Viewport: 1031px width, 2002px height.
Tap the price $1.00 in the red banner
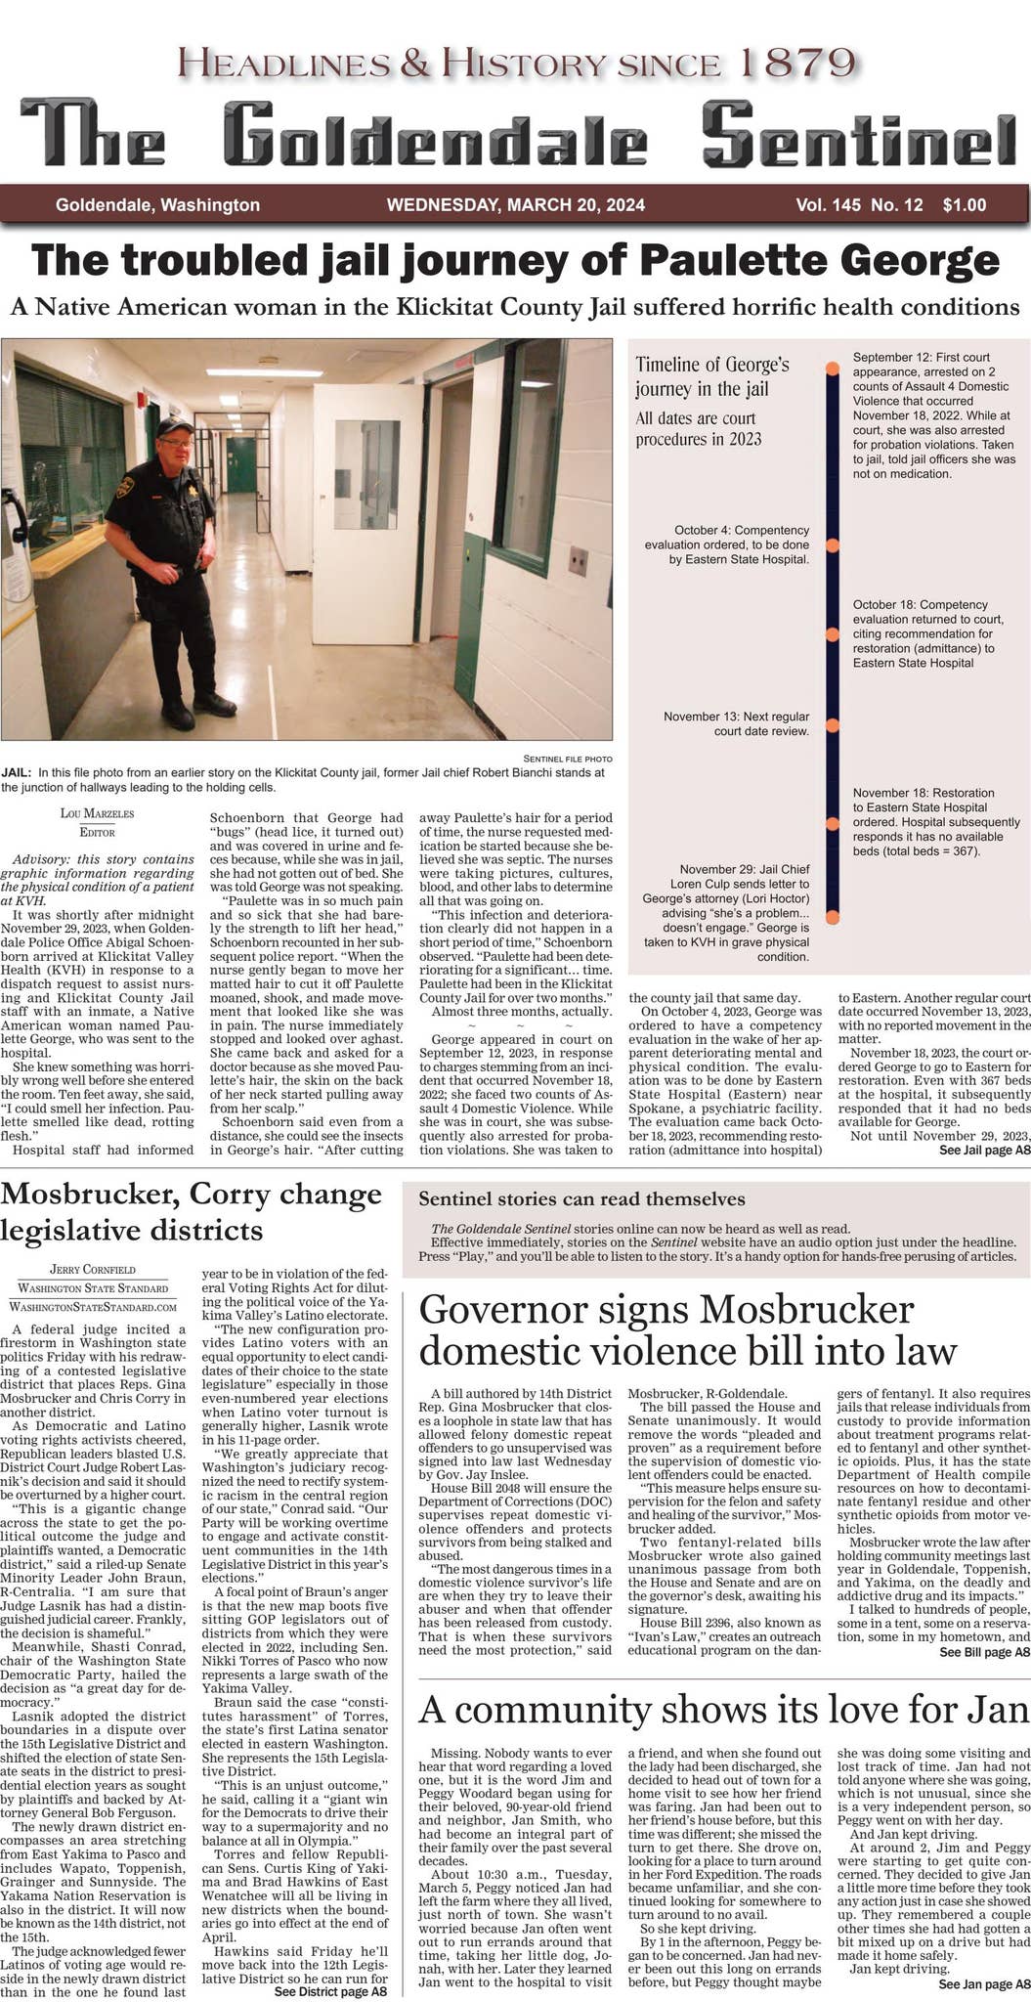coord(964,205)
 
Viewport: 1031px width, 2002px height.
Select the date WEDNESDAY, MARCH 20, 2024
coord(515,205)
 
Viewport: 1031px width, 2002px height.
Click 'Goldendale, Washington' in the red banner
coord(157,205)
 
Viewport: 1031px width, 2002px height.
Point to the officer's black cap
coord(174,427)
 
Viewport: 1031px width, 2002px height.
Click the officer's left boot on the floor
coord(214,703)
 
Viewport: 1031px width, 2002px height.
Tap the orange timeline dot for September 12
coord(832,370)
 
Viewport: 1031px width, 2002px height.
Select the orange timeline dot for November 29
coord(832,917)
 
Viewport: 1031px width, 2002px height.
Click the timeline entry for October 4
coord(727,544)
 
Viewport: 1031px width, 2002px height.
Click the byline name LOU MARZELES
coord(97,813)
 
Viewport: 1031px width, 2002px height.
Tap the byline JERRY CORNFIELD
coord(93,1269)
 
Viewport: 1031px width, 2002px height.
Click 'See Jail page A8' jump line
coord(984,1151)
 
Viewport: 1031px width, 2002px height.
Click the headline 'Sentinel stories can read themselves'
coord(581,1199)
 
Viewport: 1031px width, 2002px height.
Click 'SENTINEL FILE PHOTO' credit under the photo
coord(567,759)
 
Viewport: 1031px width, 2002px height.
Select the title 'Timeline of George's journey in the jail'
coord(711,376)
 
